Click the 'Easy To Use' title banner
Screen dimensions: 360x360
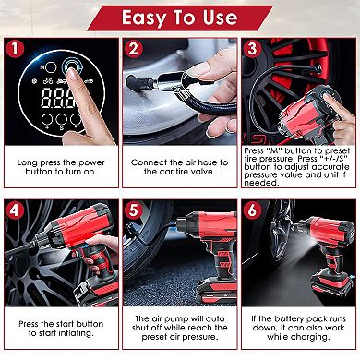(180, 16)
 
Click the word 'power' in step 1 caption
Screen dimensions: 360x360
(92, 162)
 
